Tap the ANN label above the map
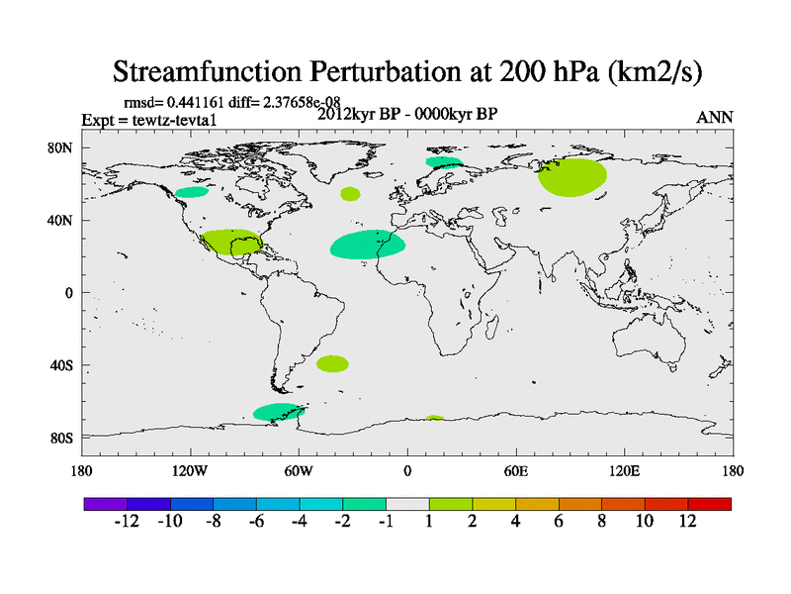(x=714, y=118)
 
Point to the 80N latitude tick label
(x=62, y=148)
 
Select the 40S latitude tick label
(x=62, y=365)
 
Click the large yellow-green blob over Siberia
(x=572, y=176)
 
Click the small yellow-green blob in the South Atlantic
(x=332, y=363)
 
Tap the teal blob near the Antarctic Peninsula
(x=276, y=412)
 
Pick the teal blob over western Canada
(x=192, y=191)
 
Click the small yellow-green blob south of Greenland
(x=350, y=194)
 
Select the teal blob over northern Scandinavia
(x=441, y=161)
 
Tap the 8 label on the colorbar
(x=600, y=522)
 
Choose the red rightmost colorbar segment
(x=710, y=504)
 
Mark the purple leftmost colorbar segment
(x=105, y=504)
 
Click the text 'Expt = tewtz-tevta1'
(x=148, y=121)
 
